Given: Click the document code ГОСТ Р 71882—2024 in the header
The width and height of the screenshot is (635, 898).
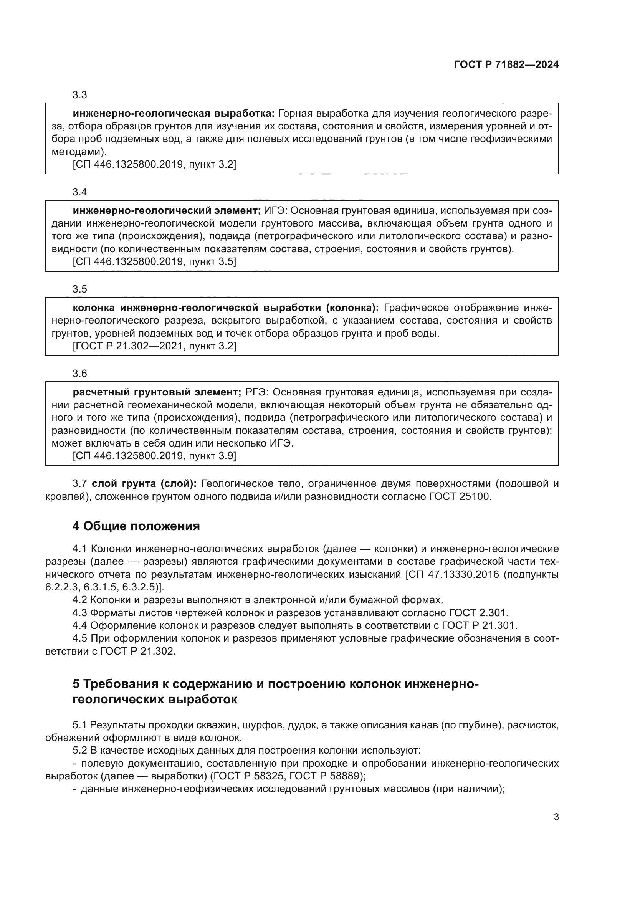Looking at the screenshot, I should tap(506, 65).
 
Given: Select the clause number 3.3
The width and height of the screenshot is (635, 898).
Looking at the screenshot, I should tap(80, 95).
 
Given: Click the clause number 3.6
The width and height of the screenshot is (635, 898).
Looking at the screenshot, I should tap(80, 374).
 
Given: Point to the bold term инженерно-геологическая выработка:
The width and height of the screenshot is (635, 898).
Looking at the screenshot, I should tap(174, 114).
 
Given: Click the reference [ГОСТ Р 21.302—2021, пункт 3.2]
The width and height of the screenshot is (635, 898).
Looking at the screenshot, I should tap(154, 346).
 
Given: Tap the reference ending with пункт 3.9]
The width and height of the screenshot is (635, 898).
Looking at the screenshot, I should tap(154, 456).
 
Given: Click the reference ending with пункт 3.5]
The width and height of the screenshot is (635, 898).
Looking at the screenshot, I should tap(154, 262).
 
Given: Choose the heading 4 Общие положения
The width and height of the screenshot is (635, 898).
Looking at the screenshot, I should tap(136, 526).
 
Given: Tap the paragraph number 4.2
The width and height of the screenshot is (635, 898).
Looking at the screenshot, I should tap(80, 600).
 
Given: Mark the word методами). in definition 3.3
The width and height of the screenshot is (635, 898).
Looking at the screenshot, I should tap(79, 152).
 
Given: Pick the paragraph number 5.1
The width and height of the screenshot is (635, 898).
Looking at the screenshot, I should tap(80, 725).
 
